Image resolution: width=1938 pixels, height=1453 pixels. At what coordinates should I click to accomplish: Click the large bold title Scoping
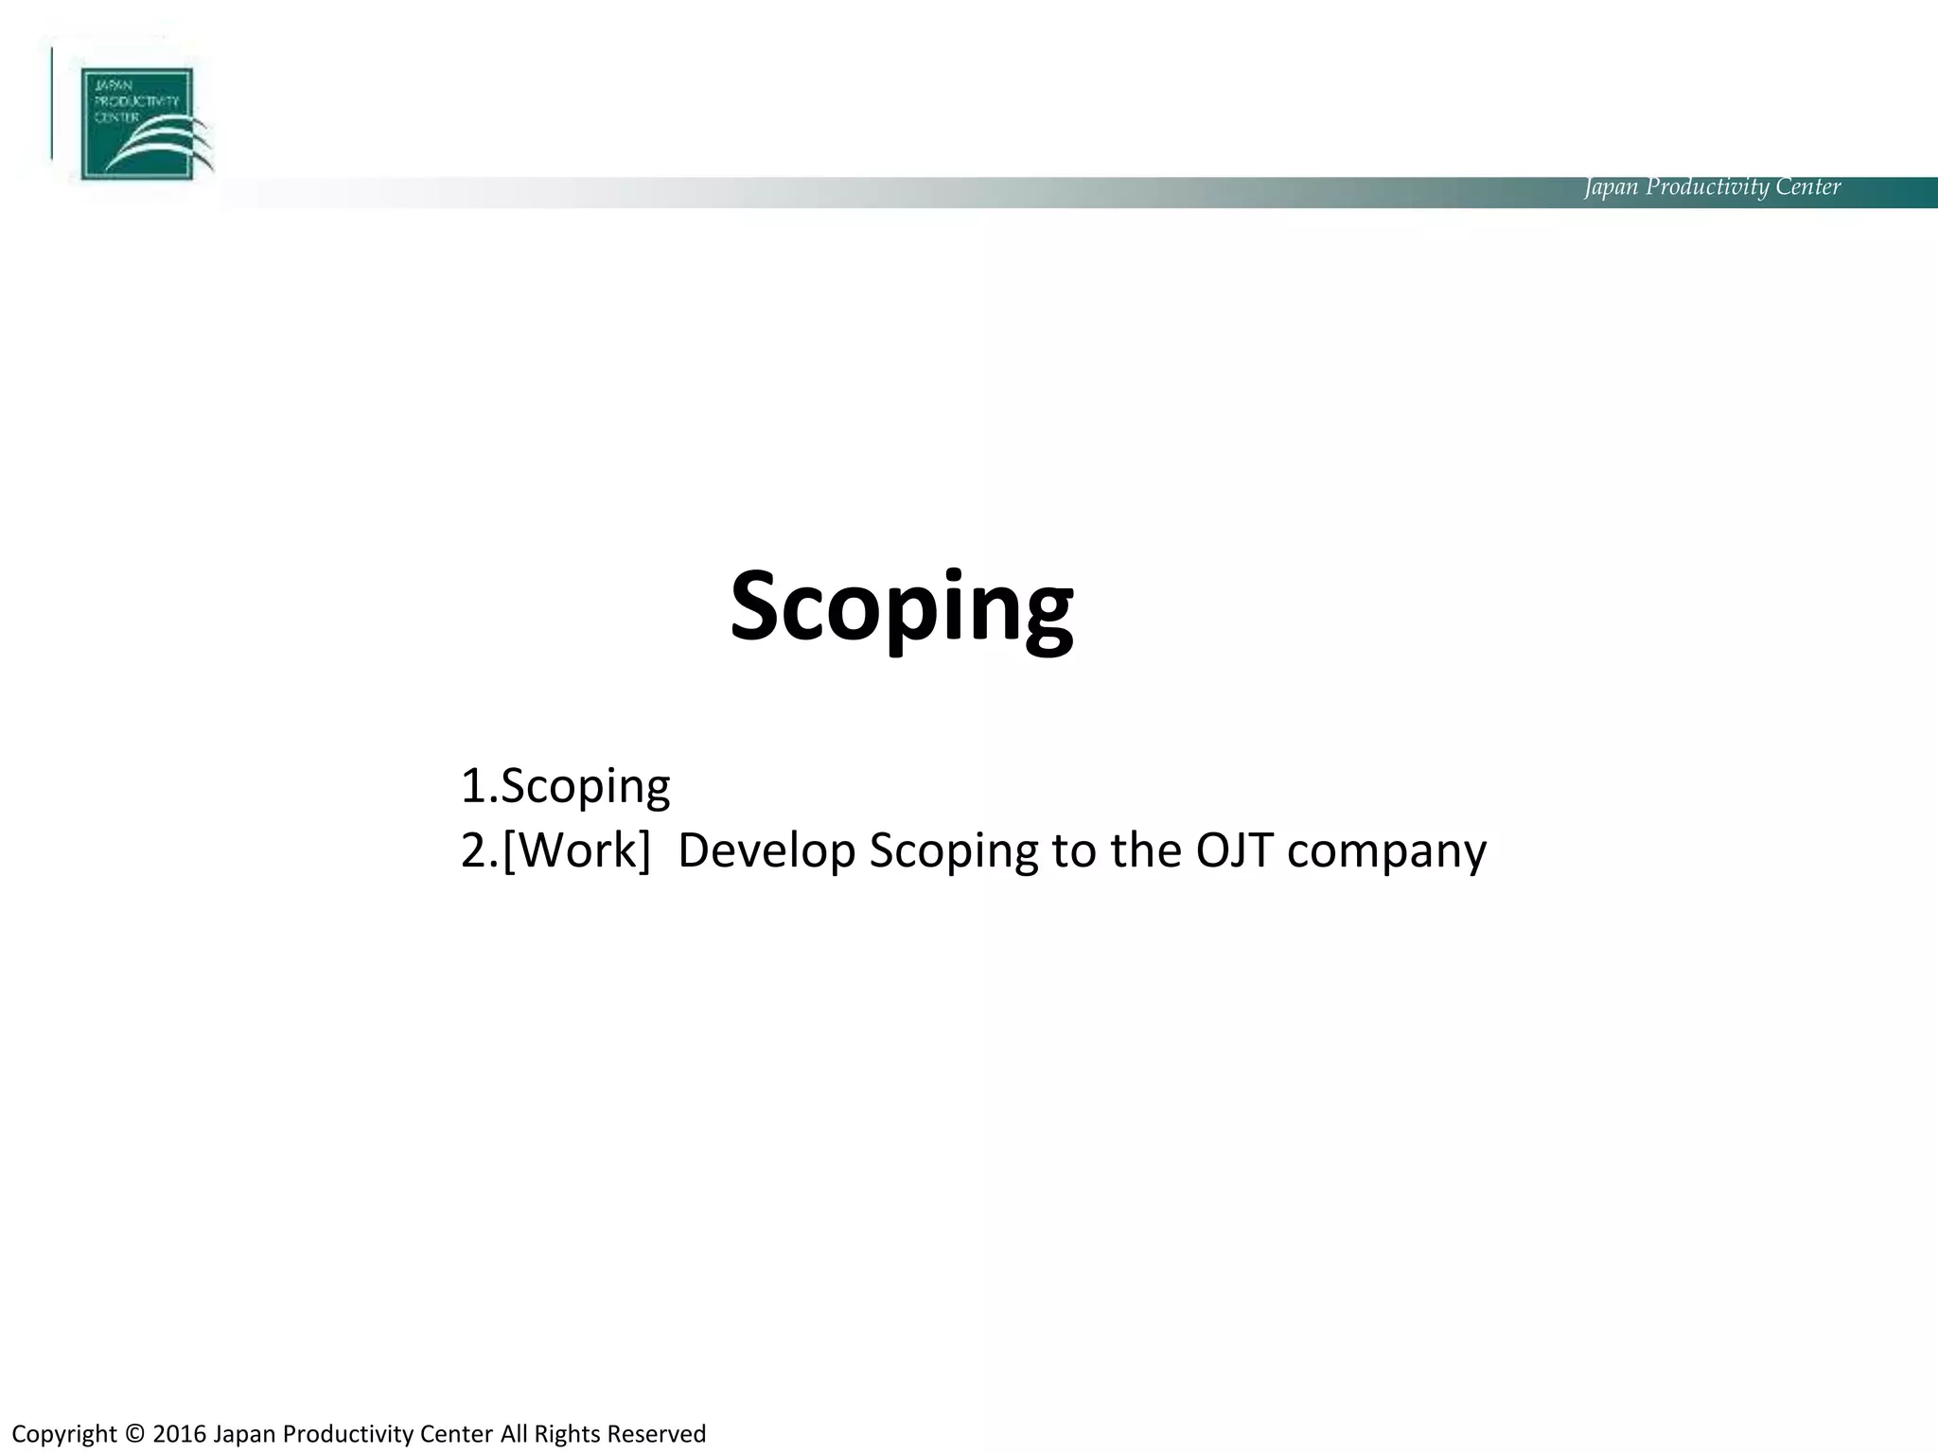click(x=901, y=607)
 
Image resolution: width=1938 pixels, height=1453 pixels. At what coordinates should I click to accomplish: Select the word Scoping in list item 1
click(x=585, y=786)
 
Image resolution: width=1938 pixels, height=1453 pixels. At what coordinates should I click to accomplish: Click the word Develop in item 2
click(x=766, y=850)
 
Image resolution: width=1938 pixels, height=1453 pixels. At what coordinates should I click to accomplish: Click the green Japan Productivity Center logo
click(x=136, y=123)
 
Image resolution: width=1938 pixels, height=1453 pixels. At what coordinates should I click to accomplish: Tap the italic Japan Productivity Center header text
click(x=1712, y=187)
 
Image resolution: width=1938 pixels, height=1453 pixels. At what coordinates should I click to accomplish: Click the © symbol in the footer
click(x=134, y=1434)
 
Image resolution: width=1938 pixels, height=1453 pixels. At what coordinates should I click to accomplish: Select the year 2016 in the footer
click(x=179, y=1434)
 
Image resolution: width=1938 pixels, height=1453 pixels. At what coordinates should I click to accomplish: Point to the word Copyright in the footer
click(x=64, y=1435)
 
